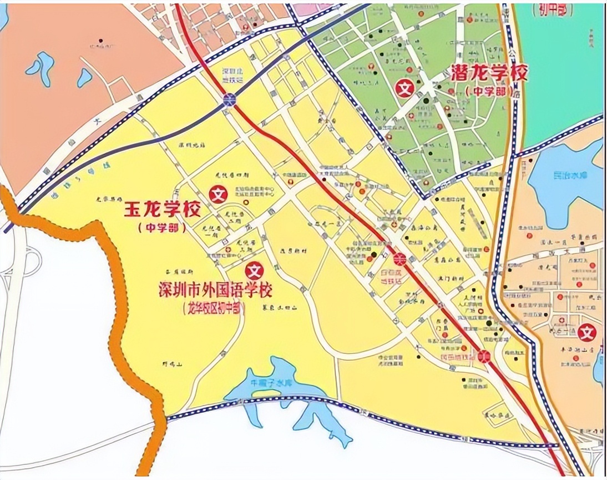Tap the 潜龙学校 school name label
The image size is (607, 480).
tap(487, 73)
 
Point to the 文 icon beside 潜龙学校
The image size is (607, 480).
tap(404, 88)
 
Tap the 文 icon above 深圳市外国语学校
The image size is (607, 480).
tap(255, 271)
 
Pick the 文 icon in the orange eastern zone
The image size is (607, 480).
tap(586, 333)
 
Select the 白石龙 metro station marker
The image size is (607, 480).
tap(399, 259)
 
